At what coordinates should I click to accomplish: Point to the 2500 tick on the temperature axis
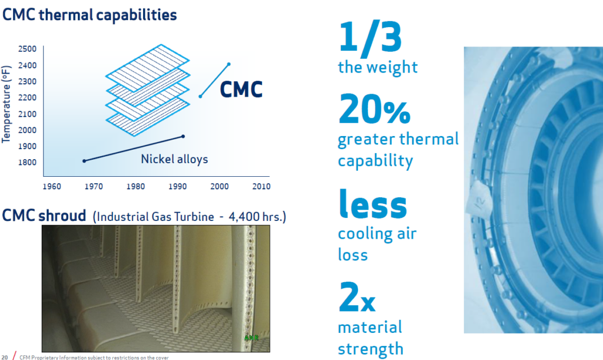pyautogui.click(x=27, y=49)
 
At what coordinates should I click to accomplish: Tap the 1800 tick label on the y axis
pyautogui.click(x=27, y=163)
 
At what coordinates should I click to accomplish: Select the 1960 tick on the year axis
pyautogui.click(x=52, y=187)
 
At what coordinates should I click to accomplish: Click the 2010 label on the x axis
pyautogui.click(x=261, y=187)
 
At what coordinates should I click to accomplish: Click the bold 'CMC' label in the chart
pyautogui.click(x=241, y=90)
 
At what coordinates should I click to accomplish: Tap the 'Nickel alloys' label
pyautogui.click(x=174, y=159)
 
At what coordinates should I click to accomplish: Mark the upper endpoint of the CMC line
pyautogui.click(x=229, y=64)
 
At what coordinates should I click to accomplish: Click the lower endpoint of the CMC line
pyautogui.click(x=200, y=96)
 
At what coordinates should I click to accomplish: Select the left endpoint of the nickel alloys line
pyautogui.click(x=84, y=161)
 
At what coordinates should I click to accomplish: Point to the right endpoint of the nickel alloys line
pyautogui.click(x=183, y=136)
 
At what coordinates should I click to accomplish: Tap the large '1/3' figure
pyautogui.click(x=370, y=37)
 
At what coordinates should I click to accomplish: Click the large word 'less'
pyautogui.click(x=372, y=204)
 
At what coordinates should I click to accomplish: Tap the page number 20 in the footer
pyautogui.click(x=4, y=356)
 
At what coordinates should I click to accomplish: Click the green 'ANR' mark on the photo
pyautogui.click(x=251, y=338)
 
